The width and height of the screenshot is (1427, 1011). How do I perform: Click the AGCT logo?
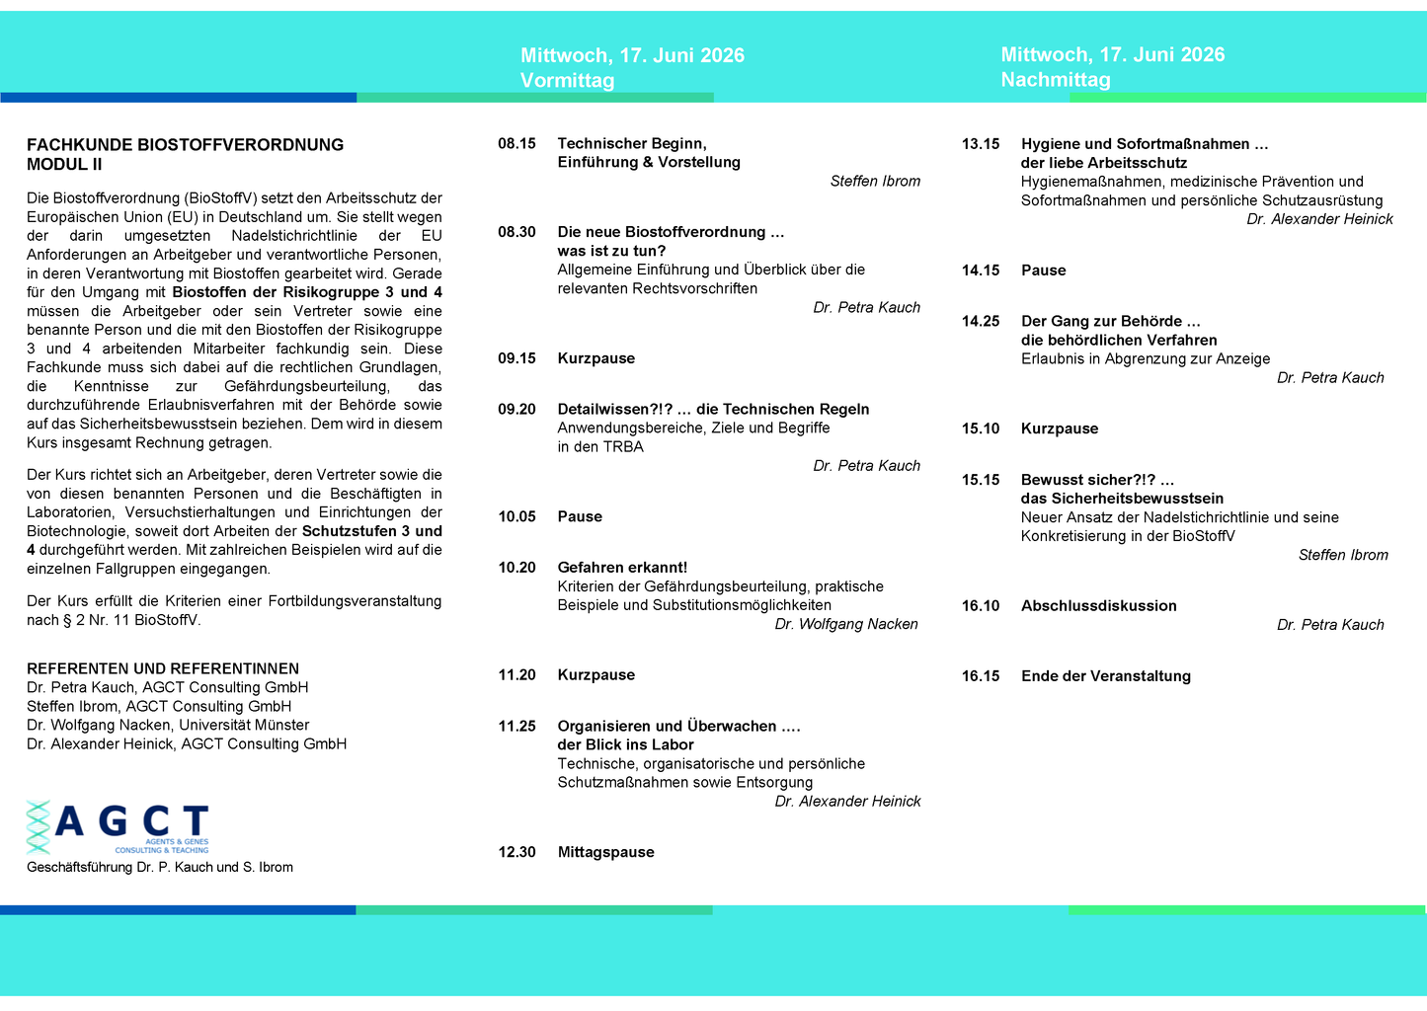(x=118, y=827)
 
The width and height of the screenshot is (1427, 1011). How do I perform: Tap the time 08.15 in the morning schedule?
(x=516, y=144)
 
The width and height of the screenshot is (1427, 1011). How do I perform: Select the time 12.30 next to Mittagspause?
(x=516, y=853)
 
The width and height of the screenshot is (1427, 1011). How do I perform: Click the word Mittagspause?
(x=605, y=853)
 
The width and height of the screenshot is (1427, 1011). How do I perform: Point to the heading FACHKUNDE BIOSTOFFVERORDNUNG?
(x=186, y=145)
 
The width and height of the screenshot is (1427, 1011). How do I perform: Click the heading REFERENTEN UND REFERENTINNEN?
(x=163, y=669)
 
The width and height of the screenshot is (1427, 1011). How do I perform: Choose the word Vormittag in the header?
(x=567, y=81)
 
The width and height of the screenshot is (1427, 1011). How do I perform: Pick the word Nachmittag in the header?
(x=1055, y=80)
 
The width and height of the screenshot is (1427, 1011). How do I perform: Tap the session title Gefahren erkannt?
(x=622, y=568)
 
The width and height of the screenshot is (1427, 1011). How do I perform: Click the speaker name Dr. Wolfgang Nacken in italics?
(x=846, y=624)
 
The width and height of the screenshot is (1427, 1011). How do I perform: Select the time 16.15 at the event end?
(x=981, y=676)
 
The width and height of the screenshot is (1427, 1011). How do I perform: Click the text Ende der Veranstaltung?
(x=1105, y=676)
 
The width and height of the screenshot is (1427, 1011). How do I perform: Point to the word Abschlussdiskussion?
(x=1098, y=606)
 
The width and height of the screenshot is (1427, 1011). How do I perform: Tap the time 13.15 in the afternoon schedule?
(x=981, y=144)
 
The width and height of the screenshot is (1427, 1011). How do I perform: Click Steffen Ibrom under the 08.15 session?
(x=875, y=182)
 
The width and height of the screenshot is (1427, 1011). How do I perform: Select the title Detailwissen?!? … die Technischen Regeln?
(x=713, y=410)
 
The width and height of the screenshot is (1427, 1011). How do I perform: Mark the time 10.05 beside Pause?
(x=516, y=517)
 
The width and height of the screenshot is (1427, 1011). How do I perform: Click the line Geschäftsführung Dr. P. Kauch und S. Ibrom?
(x=160, y=868)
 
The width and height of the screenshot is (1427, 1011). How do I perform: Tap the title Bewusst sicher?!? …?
(x=1097, y=480)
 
